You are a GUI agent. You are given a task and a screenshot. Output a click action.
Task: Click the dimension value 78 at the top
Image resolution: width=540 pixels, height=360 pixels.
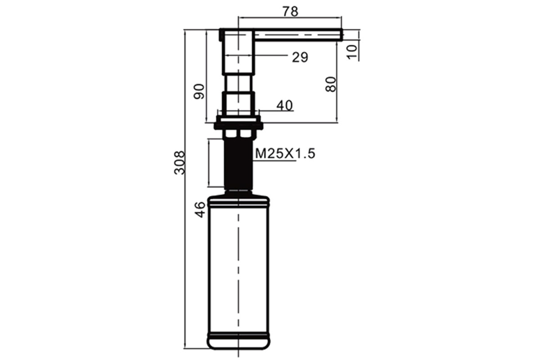(x=290, y=12)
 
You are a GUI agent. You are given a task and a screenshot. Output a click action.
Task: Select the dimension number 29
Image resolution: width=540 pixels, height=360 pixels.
(x=300, y=58)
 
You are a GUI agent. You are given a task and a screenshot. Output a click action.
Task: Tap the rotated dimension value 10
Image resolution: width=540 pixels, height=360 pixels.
(x=352, y=52)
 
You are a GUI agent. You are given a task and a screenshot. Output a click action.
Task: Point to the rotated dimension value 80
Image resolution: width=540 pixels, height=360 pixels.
(x=331, y=85)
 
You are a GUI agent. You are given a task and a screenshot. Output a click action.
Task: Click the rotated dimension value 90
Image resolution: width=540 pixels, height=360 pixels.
(x=199, y=91)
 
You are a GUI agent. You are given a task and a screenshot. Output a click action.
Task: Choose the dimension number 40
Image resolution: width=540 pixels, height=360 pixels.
(x=284, y=105)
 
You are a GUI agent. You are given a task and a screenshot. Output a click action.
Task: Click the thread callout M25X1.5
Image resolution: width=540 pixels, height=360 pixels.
(x=285, y=153)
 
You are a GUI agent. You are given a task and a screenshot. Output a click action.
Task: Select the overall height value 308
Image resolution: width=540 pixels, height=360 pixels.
(x=180, y=162)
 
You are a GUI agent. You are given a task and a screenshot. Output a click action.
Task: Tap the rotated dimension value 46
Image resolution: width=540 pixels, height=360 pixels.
(x=200, y=210)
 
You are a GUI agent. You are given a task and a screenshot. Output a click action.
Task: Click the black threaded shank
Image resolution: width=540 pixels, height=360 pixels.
(x=238, y=163)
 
